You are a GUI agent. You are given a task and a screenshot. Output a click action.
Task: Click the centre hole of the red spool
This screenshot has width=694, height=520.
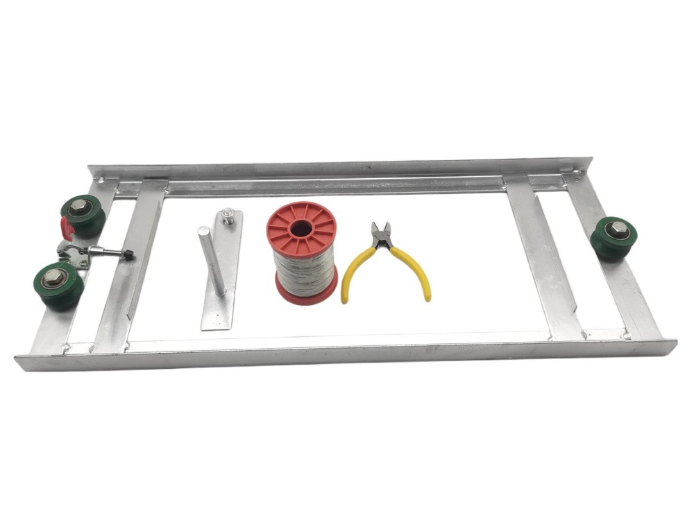pos(301,229)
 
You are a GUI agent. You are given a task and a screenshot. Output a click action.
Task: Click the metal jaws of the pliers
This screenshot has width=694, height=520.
pos(380,235)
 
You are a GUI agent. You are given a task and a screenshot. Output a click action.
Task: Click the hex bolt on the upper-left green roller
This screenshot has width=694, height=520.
pos(78,207)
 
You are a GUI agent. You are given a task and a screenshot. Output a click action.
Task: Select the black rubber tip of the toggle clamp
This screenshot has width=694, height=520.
pos(128,255)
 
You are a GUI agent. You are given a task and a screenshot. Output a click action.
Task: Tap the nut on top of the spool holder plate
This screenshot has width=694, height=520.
pos(226,218)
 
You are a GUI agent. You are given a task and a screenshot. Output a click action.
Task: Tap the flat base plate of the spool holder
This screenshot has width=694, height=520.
pos(221,305)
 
